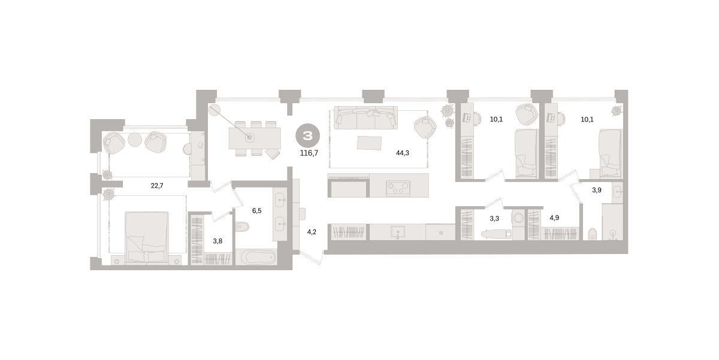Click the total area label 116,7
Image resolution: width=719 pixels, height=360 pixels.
[x=309, y=153]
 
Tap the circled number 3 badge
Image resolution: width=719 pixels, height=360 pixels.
[x=307, y=136]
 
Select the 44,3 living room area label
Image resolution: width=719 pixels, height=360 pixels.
[x=402, y=153]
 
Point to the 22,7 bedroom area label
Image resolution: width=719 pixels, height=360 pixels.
[x=157, y=186]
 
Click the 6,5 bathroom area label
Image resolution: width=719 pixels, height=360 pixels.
[x=257, y=210]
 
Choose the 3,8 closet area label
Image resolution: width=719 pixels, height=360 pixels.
[x=217, y=241]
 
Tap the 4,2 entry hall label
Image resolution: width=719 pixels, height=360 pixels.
[x=312, y=232]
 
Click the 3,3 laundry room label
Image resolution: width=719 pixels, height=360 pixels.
[x=494, y=219]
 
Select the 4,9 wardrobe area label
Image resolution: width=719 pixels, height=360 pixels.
[x=554, y=217]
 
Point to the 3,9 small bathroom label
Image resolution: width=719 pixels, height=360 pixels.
[x=597, y=190]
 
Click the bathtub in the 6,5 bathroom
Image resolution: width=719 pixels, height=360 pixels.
[x=256, y=257]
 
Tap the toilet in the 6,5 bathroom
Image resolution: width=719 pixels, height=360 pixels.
[x=242, y=227]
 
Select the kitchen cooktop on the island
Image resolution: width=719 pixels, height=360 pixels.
[x=398, y=188]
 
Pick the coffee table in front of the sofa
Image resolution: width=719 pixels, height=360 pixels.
[x=370, y=143]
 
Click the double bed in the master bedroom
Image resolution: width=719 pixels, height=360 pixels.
[x=147, y=237]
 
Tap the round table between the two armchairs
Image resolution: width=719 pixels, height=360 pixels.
[x=135, y=140]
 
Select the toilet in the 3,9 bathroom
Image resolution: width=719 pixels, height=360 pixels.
[x=593, y=234]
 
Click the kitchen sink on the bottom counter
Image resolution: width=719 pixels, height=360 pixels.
[x=397, y=231]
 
